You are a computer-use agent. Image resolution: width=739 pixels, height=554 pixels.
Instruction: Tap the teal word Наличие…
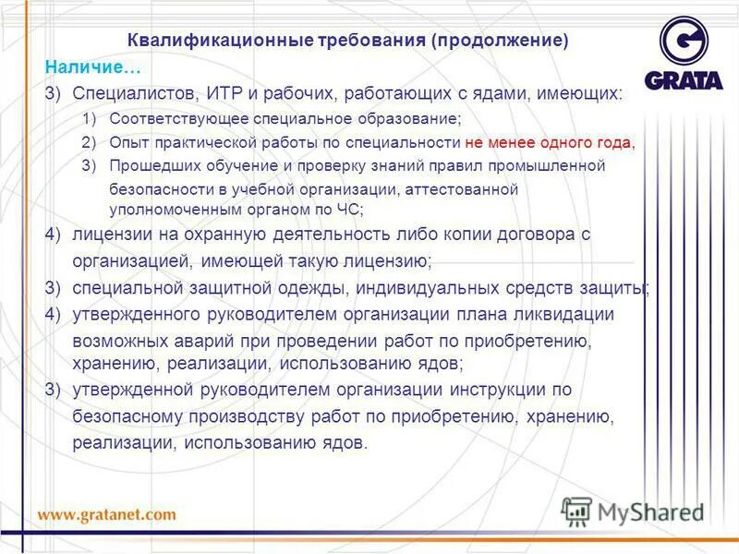(x=93, y=67)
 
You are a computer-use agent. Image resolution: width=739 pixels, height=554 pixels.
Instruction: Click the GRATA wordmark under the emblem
(x=684, y=80)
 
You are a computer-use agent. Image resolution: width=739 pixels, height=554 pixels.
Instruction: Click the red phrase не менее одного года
(x=550, y=142)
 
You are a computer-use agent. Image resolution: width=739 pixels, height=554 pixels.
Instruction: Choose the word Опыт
(x=126, y=142)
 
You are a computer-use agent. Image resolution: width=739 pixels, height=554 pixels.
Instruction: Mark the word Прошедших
(x=151, y=166)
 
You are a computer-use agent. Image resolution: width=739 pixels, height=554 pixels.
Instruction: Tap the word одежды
(x=309, y=288)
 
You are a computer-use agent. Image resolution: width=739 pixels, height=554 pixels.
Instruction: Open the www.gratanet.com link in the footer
(x=106, y=513)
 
